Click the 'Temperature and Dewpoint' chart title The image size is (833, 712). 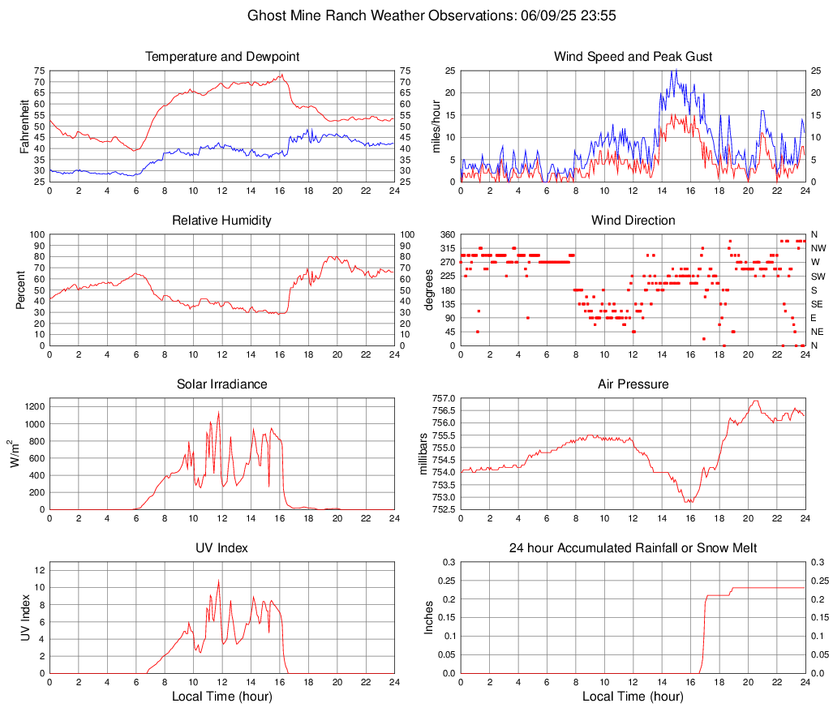[x=221, y=57]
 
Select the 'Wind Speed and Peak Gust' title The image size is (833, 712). [x=633, y=57]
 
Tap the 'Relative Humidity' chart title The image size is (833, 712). [x=221, y=221]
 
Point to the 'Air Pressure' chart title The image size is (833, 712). [x=633, y=384]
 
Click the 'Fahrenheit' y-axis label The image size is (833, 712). [x=24, y=127]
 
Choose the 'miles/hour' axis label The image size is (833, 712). [x=436, y=127]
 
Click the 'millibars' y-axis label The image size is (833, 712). [x=423, y=454]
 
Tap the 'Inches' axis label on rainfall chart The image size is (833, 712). [x=429, y=617]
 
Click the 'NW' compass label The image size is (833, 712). [x=818, y=248]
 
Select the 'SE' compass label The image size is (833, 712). [x=817, y=304]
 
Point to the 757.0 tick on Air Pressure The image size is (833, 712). [x=443, y=398]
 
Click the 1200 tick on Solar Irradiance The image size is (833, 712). [x=34, y=404]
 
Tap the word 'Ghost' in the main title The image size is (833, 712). [x=267, y=15]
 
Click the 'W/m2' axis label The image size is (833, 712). [x=16, y=454]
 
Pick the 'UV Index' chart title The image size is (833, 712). [x=221, y=548]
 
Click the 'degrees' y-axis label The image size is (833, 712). [x=429, y=290]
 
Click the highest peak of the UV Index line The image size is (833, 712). [x=218, y=581]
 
